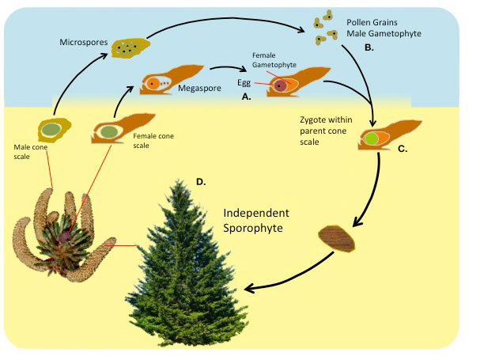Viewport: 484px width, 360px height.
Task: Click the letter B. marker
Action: pos(369,47)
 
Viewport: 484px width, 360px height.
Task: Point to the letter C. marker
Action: pos(402,148)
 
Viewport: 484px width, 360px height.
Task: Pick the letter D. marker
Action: pos(201,182)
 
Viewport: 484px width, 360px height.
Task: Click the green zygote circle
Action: pos(371,139)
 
